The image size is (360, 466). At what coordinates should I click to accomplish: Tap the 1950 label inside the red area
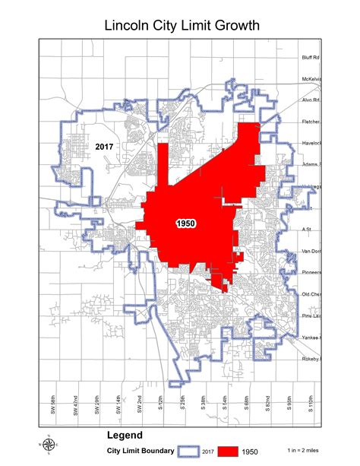pyautogui.click(x=186, y=223)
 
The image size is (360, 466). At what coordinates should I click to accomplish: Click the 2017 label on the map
pyautogui.click(x=104, y=144)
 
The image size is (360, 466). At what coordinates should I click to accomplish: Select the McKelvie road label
pyautogui.click(x=311, y=78)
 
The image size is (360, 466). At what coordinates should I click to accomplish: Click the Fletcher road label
pyautogui.click(x=311, y=121)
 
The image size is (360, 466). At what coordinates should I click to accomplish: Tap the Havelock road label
pyautogui.click(x=311, y=142)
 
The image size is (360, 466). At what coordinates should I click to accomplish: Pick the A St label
pyautogui.click(x=307, y=228)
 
